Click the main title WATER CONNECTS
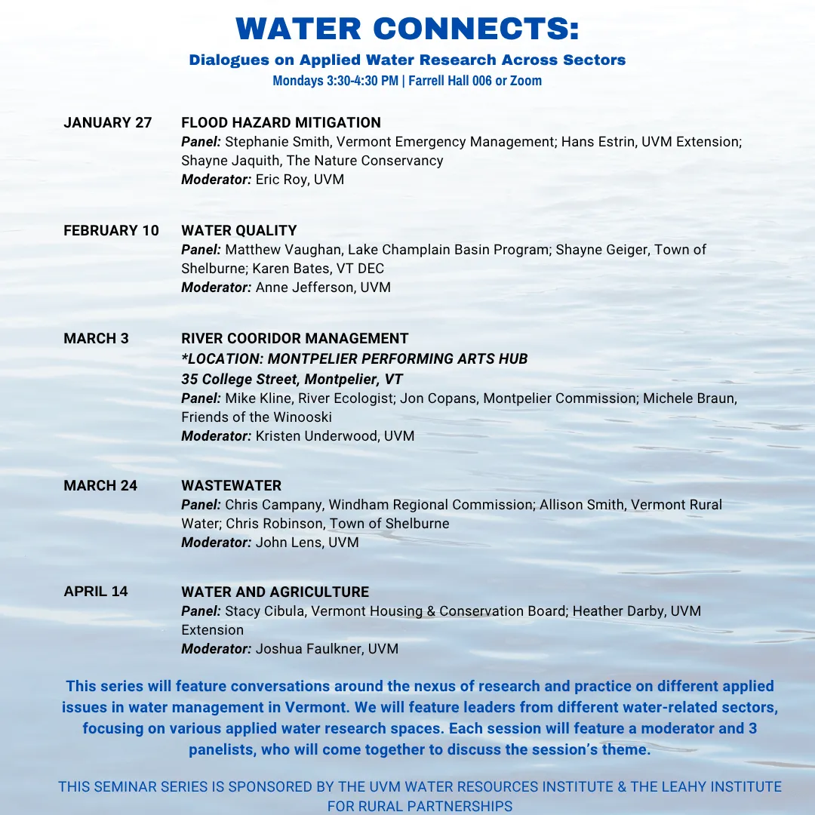[x=407, y=29]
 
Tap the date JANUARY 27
[x=108, y=123]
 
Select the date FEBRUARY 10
[x=112, y=231]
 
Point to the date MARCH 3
[x=96, y=339]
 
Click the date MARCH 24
[x=100, y=486]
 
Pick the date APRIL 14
[x=96, y=592]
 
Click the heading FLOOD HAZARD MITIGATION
[x=281, y=123]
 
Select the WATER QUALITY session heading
[x=239, y=231]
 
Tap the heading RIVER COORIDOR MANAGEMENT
[x=295, y=339]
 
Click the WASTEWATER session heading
[x=231, y=486]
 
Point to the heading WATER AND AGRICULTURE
[x=275, y=592]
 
